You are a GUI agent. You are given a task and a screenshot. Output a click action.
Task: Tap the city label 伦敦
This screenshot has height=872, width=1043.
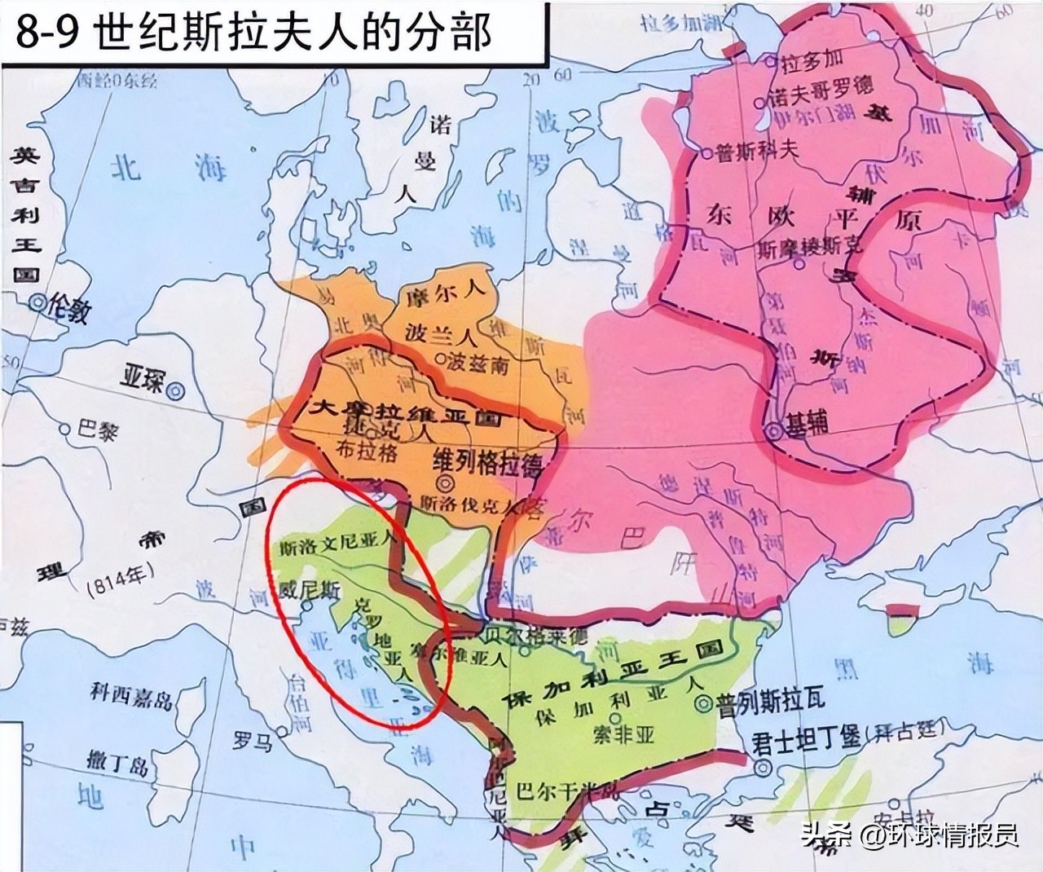68,307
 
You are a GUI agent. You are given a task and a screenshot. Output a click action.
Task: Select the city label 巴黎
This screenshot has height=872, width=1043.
98,428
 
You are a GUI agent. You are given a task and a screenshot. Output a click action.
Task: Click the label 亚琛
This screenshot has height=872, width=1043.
142,381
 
